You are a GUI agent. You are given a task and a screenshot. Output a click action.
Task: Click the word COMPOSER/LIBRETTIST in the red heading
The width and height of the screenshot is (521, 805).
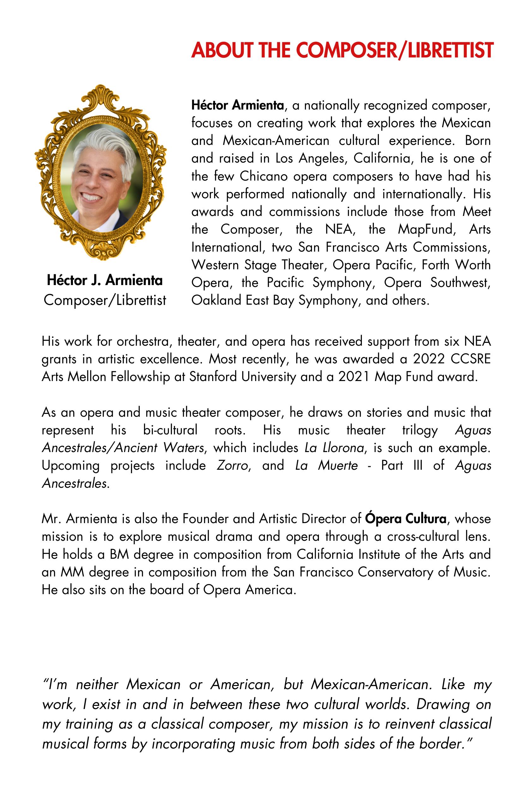point(394,51)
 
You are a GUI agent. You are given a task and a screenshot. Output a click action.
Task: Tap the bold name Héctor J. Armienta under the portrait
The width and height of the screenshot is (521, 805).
point(105,280)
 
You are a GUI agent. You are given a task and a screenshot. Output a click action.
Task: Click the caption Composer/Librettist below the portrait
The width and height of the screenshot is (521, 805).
point(105,300)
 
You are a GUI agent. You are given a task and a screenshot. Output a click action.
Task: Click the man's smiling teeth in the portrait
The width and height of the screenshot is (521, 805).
point(92,196)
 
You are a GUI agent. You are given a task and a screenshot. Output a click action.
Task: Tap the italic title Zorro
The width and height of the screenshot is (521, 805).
point(233,466)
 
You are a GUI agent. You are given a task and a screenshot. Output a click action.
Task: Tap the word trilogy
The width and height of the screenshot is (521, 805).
point(420,431)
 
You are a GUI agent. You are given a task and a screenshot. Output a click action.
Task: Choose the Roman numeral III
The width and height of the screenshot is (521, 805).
point(418,466)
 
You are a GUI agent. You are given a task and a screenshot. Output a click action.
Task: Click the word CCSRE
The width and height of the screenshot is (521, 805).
point(470,359)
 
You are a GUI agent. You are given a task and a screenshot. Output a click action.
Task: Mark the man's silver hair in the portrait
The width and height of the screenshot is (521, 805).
point(105,142)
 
